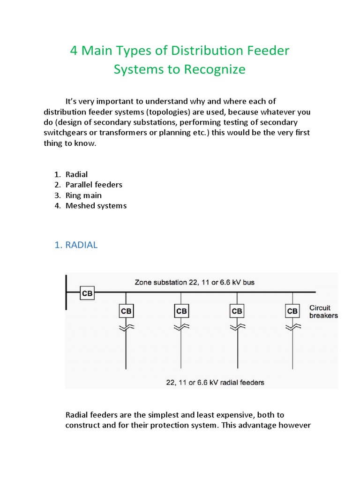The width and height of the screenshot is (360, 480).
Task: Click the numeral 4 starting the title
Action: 73,50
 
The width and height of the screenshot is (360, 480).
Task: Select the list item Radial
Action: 76,174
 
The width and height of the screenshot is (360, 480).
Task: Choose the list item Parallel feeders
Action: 94,185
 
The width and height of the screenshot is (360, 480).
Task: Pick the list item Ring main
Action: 83,195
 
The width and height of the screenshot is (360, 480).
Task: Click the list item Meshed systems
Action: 96,205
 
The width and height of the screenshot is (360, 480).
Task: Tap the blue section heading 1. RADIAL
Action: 76,245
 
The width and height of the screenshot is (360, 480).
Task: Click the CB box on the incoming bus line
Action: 87,293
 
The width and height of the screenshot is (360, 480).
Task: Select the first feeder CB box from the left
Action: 126,311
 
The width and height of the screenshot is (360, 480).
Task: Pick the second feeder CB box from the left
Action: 181,311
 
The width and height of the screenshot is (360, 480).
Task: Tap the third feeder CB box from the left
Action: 237,311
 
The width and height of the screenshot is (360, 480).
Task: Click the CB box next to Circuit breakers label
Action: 292,311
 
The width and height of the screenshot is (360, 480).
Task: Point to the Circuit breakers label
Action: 323,311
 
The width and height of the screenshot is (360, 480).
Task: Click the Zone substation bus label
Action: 194,283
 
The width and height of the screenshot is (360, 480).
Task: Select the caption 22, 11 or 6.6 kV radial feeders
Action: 215,382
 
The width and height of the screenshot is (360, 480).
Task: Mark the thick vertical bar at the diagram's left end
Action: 66,292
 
